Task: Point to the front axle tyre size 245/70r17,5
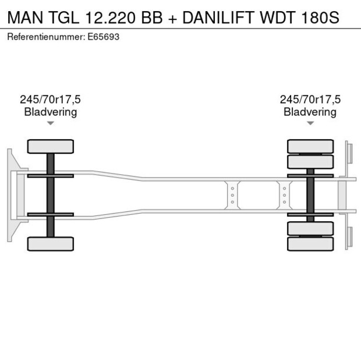pyautogui.click(x=51, y=100)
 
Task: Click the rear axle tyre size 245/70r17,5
pyautogui.click(x=310, y=100)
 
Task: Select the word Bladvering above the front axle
pyautogui.click(x=51, y=112)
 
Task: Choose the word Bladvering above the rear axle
pyautogui.click(x=310, y=112)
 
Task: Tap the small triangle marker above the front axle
pyautogui.click(x=51, y=123)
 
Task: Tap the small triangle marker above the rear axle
pyautogui.click(x=310, y=123)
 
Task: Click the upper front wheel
pyautogui.click(x=51, y=146)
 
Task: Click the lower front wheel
pyautogui.click(x=51, y=243)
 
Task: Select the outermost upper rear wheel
pyautogui.click(x=310, y=146)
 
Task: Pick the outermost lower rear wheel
pyautogui.click(x=310, y=244)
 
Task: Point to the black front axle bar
pyautogui.click(x=51, y=195)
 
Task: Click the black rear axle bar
pyautogui.click(x=310, y=195)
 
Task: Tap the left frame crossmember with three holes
pyautogui.click(x=232, y=195)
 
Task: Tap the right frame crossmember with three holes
pyautogui.click(x=284, y=195)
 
